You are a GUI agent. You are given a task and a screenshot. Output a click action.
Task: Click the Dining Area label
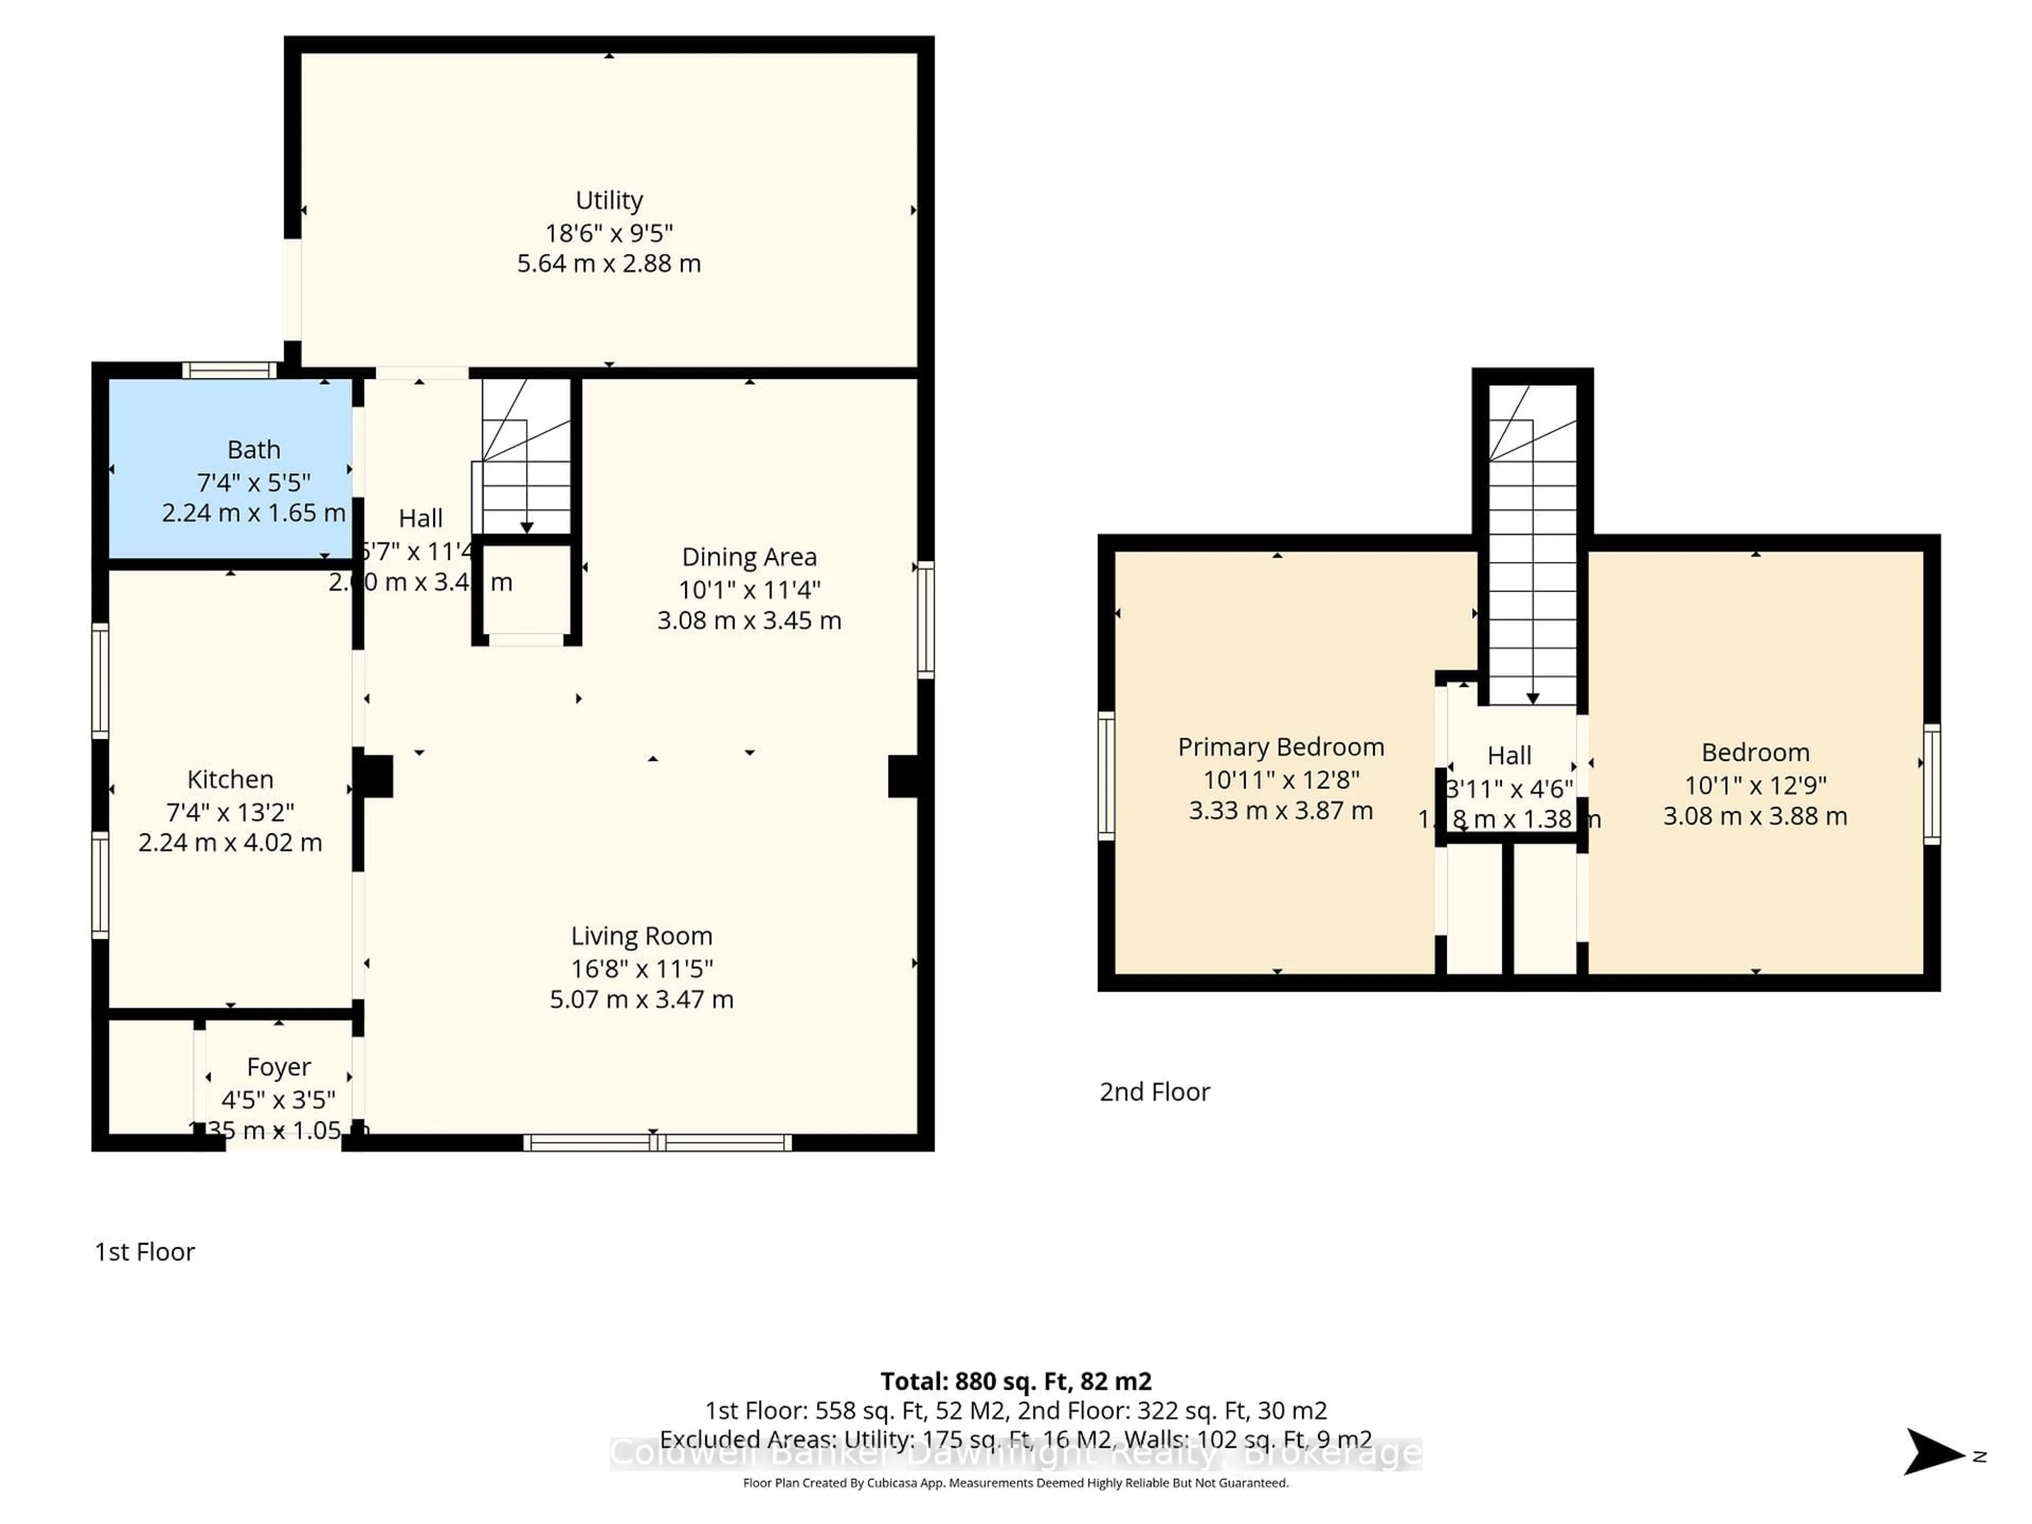pos(749,557)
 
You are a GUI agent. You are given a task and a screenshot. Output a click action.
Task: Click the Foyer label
pos(278,1066)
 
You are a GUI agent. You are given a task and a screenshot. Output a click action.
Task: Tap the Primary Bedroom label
pos(1281,747)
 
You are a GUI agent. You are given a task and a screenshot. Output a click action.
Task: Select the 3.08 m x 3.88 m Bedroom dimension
pos(1755,816)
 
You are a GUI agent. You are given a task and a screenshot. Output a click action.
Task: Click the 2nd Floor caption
pos(1155,1091)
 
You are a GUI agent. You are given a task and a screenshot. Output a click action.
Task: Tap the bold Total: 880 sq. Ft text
pos(1015,1381)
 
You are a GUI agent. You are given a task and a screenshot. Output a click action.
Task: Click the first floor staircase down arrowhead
pos(527,527)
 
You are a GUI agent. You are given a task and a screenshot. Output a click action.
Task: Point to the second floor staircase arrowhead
pos(1532,698)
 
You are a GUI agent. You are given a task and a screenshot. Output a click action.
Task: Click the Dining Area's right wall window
pos(926,620)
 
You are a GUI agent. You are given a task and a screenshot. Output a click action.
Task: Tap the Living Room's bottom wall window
pos(657,1143)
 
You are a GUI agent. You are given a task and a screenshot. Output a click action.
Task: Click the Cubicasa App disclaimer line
pos(1015,1483)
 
